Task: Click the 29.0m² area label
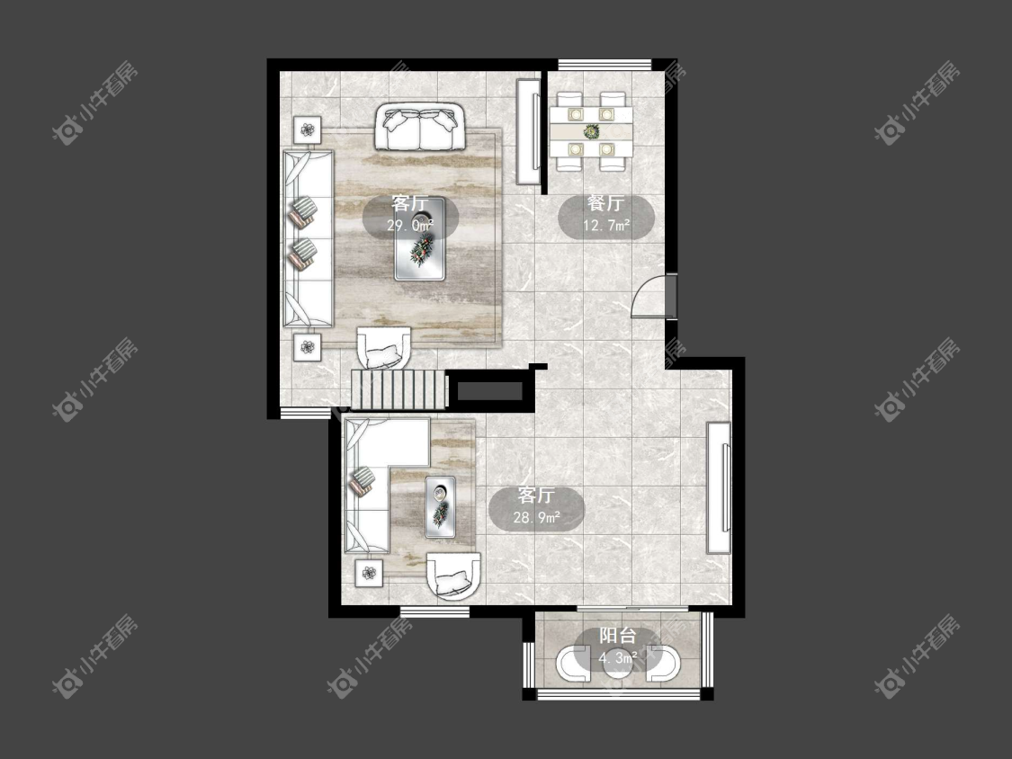pos(410,225)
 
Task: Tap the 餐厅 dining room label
pos(606,203)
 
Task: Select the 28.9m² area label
pos(536,517)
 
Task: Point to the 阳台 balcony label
pos(618,636)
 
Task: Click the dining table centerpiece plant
pos(591,131)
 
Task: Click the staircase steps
pos(399,389)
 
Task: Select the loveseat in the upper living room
pos(419,127)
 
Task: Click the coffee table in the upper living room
pos(420,239)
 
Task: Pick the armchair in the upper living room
pos(384,349)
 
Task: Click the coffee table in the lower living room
pos(440,507)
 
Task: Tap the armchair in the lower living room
pos(453,576)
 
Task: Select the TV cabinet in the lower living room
pos(719,487)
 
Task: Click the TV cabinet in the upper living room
pos(529,131)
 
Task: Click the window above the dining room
pos(605,65)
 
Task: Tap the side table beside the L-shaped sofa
pos(369,573)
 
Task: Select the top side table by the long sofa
pos(308,130)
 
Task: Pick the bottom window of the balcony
pos(618,694)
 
